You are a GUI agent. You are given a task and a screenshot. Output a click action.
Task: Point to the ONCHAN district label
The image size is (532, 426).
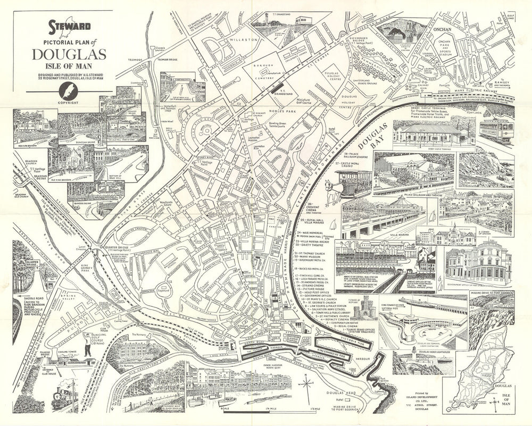(442, 30)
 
